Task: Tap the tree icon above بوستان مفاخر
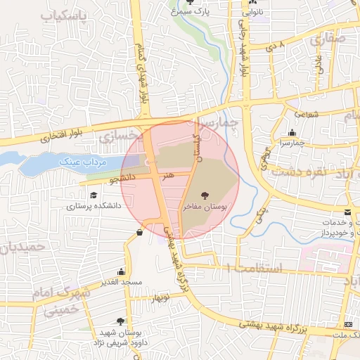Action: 205,195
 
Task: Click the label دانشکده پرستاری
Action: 94,206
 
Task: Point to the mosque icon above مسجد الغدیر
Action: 122,271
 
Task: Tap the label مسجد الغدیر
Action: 122,282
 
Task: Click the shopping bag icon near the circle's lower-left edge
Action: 139,231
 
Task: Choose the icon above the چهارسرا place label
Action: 292,132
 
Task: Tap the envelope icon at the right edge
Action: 348,212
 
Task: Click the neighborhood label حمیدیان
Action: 25,247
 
